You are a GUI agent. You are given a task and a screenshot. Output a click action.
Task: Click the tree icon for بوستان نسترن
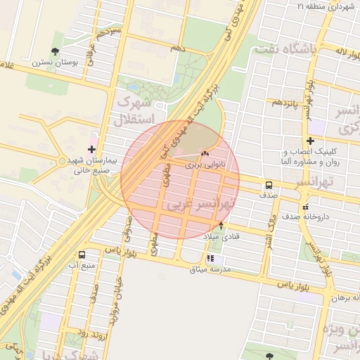[x=55, y=51]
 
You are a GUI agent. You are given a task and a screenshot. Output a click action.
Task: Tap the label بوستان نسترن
[x=53, y=62]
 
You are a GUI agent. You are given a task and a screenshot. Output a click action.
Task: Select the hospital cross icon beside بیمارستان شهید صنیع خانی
[x=92, y=149]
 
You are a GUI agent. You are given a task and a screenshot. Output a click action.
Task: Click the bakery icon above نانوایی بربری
[x=205, y=154]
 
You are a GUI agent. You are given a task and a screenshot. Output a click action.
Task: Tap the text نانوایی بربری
[x=204, y=165]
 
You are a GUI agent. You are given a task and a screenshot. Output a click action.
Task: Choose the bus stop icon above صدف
[x=269, y=186]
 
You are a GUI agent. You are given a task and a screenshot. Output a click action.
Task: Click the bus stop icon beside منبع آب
[x=82, y=255]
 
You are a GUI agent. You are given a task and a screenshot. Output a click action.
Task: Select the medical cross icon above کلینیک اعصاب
[x=310, y=141]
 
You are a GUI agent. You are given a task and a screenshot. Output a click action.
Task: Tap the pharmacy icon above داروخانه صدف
[x=305, y=207]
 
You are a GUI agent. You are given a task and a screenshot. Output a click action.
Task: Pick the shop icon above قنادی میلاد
[x=221, y=226]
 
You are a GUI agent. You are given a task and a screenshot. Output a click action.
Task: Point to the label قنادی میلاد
[x=221, y=236]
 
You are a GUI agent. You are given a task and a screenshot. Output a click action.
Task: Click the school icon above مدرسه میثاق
[x=210, y=258]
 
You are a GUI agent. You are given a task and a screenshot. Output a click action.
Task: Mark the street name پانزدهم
[x=287, y=103]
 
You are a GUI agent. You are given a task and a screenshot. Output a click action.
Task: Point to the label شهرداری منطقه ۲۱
[x=323, y=6]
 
